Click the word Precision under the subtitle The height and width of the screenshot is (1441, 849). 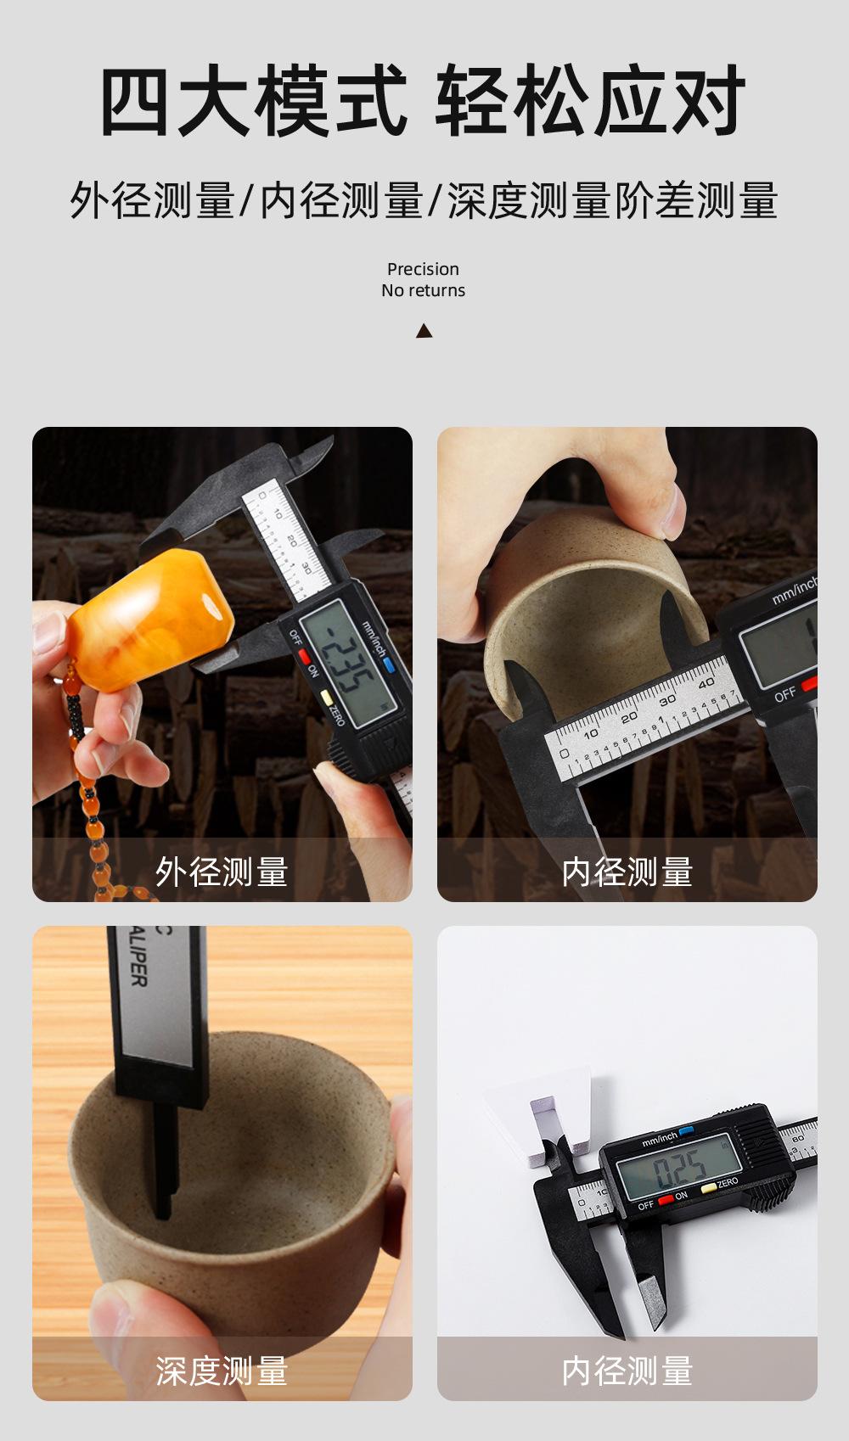tap(423, 269)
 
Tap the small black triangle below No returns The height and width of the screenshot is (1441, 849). tap(424, 331)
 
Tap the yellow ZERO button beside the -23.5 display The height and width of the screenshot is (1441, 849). tap(325, 698)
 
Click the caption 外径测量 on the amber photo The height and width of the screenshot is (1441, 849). tap(222, 872)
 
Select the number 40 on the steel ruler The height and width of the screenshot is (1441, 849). tap(706, 682)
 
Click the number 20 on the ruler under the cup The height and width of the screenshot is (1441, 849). tap(629, 718)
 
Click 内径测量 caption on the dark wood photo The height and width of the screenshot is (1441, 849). tap(627, 872)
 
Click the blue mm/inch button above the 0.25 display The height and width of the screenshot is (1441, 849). tap(686, 1131)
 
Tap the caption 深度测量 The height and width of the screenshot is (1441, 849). tap(222, 1371)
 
